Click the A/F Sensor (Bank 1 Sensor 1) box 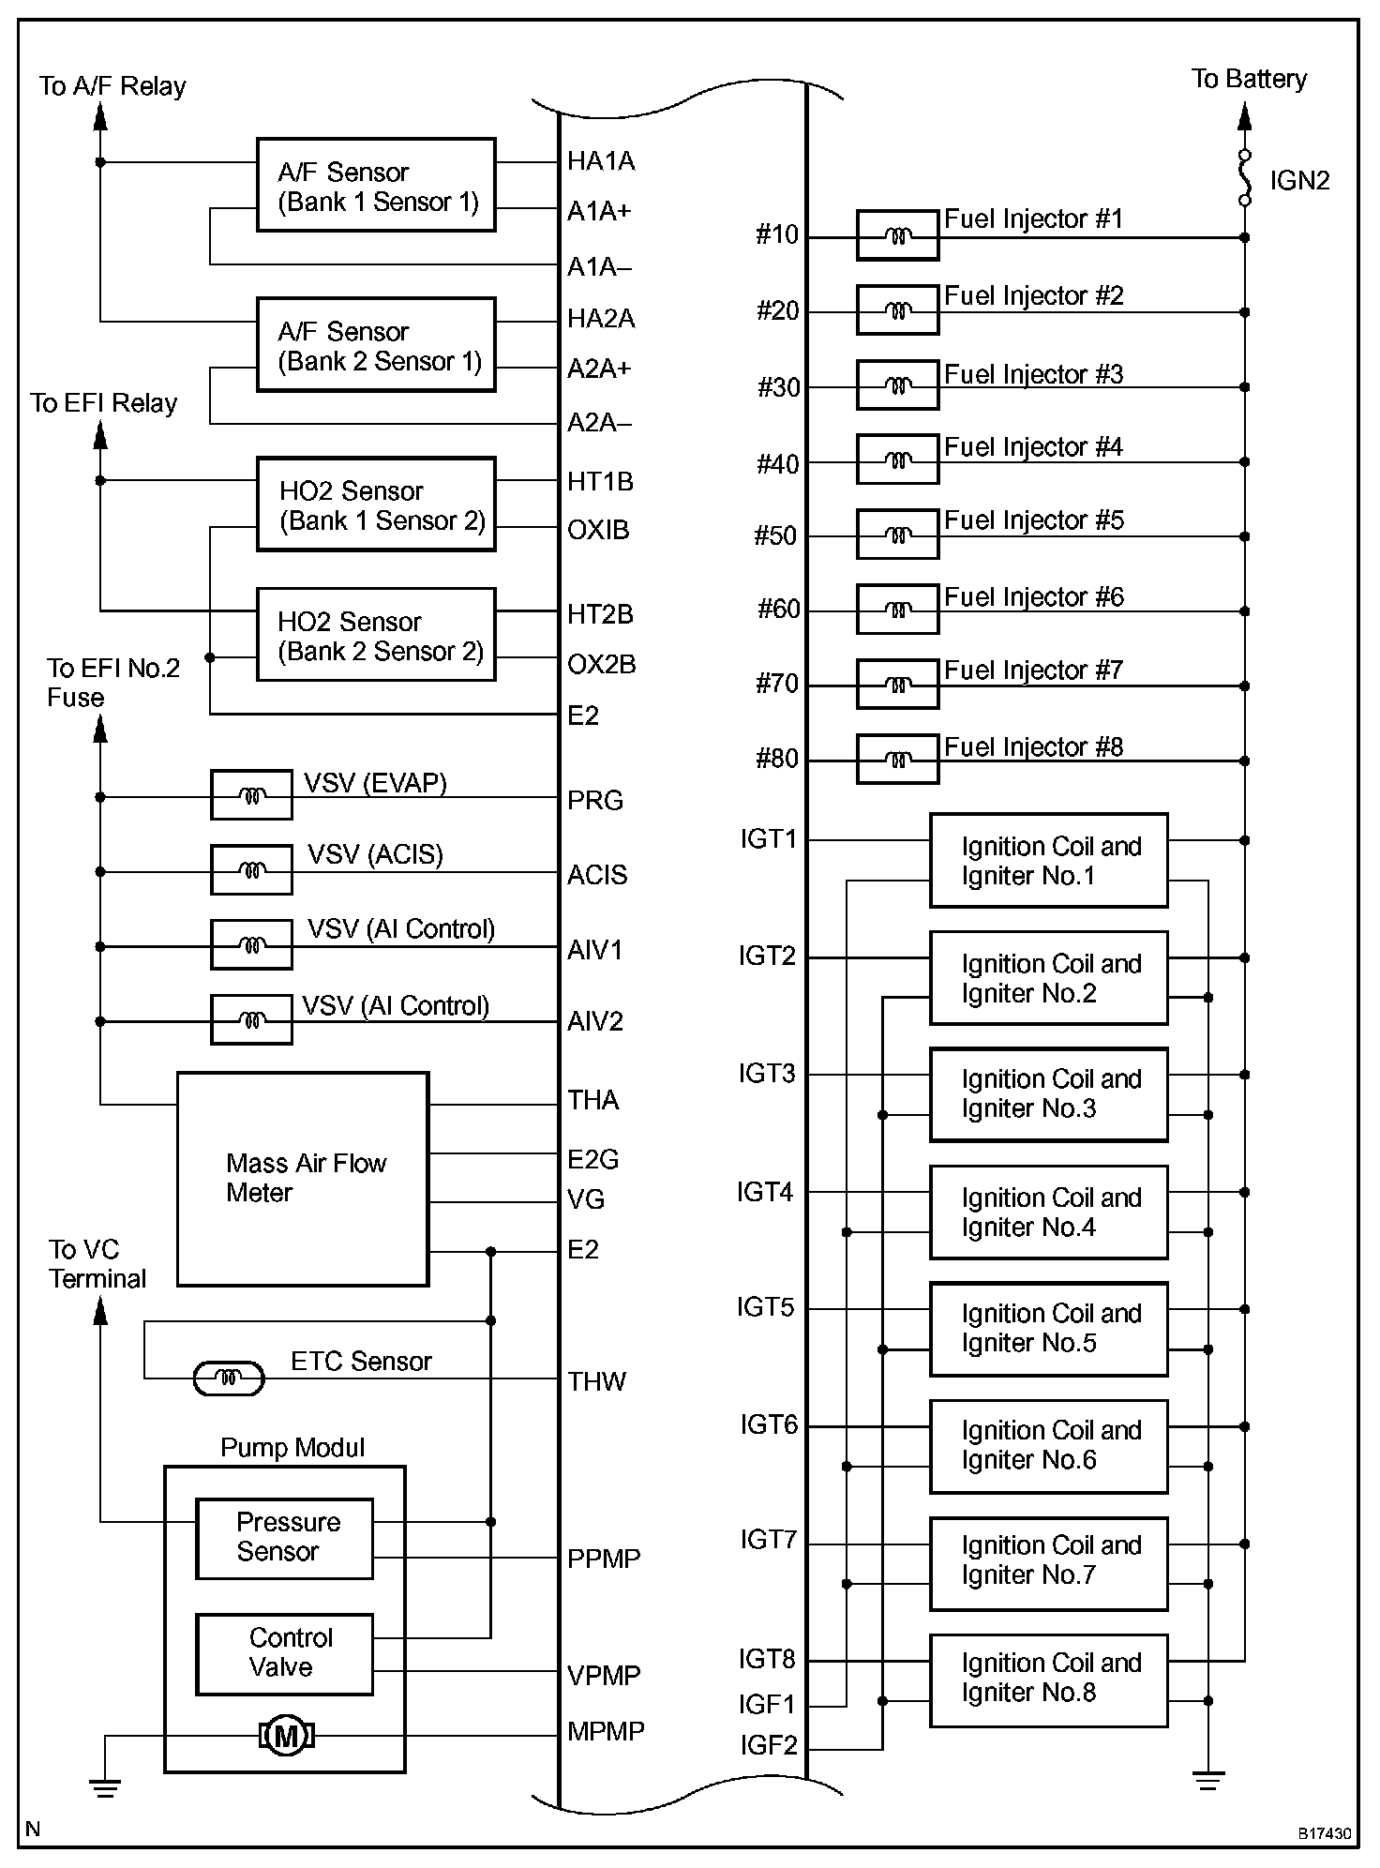tap(376, 186)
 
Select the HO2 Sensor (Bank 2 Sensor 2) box tap(376, 635)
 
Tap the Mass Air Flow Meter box tap(303, 1179)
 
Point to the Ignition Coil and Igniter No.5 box tap(1048, 1329)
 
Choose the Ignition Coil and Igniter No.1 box tap(1048, 860)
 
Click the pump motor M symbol tap(287, 1737)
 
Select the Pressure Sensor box tap(284, 1538)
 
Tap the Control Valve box tap(284, 1654)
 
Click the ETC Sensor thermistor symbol tap(229, 1378)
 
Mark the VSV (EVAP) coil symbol tap(251, 796)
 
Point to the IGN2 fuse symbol tap(1245, 177)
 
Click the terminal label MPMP tap(606, 1731)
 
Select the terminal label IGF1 tap(767, 1703)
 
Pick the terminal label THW tap(596, 1381)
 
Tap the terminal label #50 tap(775, 535)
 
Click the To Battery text tap(1249, 79)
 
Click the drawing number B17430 tap(1324, 1832)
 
